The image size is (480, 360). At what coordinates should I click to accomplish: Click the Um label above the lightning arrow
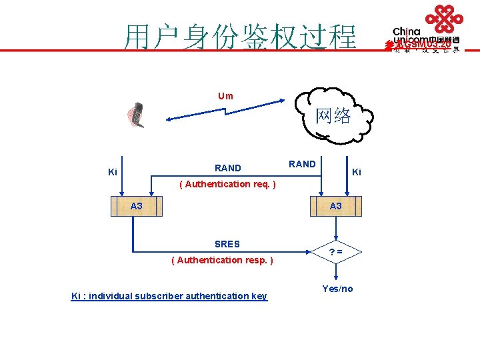(225, 96)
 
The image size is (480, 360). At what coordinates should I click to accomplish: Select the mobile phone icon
(137, 115)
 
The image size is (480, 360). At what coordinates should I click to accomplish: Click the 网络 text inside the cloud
(333, 116)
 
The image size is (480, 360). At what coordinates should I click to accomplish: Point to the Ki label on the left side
(113, 173)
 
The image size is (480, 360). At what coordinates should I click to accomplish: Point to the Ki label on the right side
(357, 172)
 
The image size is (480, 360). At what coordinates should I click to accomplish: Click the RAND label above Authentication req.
(228, 168)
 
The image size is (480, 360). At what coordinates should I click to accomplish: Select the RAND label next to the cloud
(302, 164)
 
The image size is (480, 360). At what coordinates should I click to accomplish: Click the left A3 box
(136, 207)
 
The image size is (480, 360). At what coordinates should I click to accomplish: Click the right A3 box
(335, 207)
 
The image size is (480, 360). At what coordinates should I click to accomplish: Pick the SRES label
(227, 244)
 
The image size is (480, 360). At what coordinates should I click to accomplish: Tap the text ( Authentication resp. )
(222, 260)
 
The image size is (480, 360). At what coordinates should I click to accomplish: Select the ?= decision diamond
(337, 252)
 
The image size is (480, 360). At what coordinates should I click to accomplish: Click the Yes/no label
(337, 289)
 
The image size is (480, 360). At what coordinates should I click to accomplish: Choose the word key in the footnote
(259, 296)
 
